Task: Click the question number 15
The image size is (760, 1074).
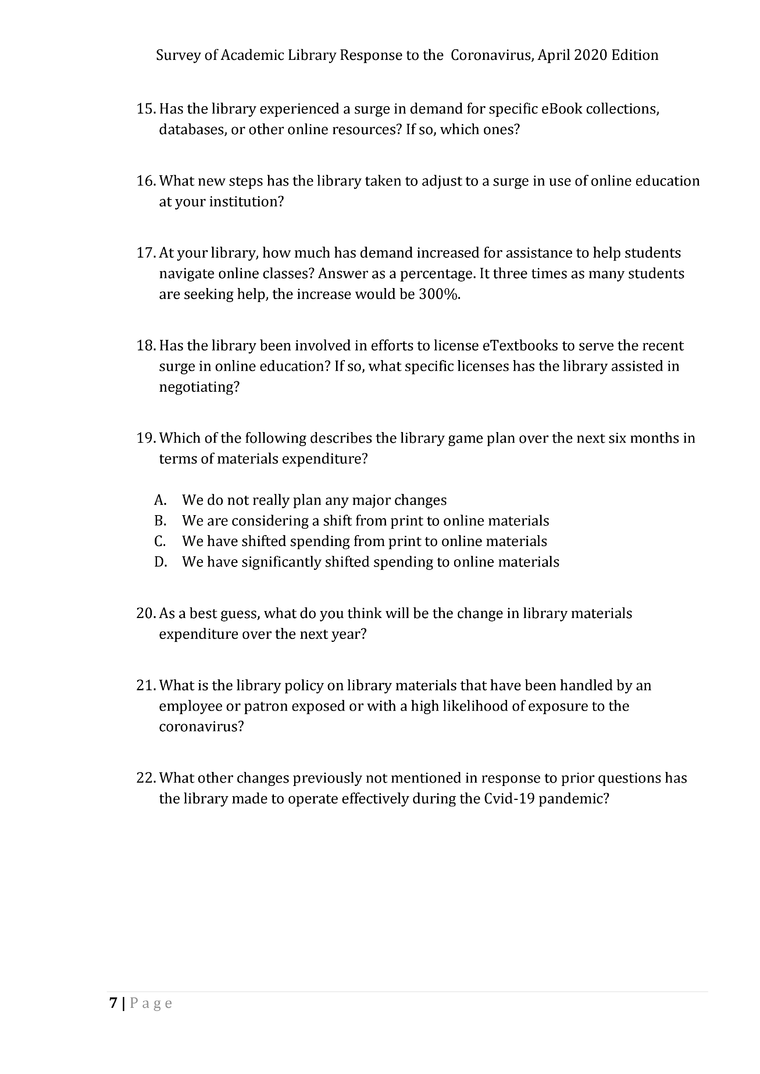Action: tap(146, 109)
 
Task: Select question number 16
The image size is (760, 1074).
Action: tap(146, 181)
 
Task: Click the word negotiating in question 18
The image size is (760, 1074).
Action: tap(199, 387)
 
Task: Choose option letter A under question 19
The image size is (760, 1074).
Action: tap(160, 500)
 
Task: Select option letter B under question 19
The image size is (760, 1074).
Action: tap(160, 521)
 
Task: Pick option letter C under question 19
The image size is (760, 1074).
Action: tap(160, 541)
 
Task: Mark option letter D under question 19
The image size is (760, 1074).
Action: tap(161, 562)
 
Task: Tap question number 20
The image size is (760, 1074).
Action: tap(146, 613)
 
